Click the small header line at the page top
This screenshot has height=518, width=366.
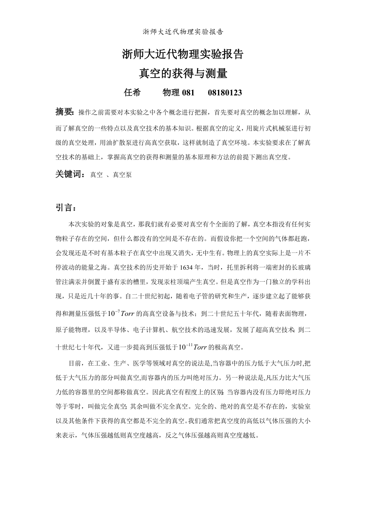[x=183, y=32]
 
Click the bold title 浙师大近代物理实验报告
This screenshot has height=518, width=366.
[x=183, y=55]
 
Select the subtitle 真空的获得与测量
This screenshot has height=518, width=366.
[x=183, y=73]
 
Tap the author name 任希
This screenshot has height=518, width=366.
[x=132, y=93]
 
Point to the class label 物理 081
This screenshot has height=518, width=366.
[x=179, y=93]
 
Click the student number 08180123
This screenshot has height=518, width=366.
[x=225, y=93]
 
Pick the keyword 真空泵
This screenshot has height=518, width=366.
[x=122, y=175]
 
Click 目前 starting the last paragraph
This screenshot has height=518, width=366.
[x=76, y=363]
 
